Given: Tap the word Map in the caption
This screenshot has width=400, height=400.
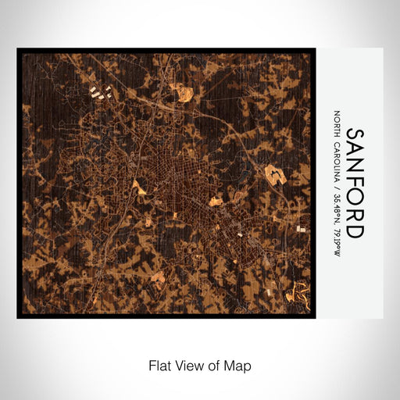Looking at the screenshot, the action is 239,365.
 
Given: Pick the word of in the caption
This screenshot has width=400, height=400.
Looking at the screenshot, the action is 216,365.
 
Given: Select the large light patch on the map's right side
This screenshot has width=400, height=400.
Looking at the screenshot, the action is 275,174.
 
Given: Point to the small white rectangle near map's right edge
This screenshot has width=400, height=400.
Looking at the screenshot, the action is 302,229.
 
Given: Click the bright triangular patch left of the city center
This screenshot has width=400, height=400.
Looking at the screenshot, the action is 139,187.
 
